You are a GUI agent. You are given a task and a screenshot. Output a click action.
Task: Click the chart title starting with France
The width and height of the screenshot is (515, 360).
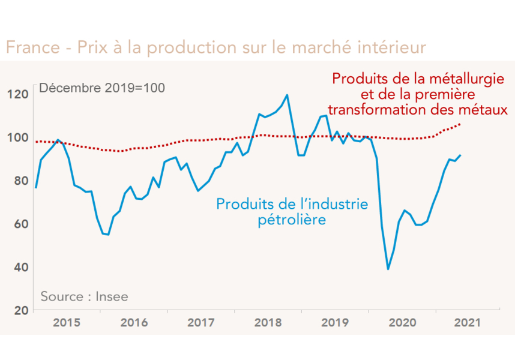click(x=216, y=47)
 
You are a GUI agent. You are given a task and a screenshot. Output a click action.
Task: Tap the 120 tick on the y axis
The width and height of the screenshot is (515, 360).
click(x=19, y=94)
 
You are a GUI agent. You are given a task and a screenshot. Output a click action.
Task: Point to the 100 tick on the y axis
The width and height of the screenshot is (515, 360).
click(x=19, y=137)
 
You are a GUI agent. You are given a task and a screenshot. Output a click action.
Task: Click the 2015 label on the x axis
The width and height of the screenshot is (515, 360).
click(x=67, y=323)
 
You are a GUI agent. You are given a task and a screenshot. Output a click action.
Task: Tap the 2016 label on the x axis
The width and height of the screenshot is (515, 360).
click(x=134, y=323)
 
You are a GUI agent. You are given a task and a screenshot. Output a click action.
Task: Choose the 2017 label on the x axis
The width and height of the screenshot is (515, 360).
click(x=201, y=323)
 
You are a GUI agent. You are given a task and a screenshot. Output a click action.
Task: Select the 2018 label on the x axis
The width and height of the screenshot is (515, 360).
click(x=268, y=323)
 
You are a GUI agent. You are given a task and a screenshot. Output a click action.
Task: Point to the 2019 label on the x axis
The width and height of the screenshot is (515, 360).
click(x=335, y=323)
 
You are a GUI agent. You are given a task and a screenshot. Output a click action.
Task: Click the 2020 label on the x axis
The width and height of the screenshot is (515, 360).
click(x=402, y=323)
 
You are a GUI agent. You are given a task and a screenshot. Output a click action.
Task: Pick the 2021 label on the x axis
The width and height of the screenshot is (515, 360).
click(x=466, y=323)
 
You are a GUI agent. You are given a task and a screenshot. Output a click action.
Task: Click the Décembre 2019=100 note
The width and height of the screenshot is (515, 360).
click(x=101, y=88)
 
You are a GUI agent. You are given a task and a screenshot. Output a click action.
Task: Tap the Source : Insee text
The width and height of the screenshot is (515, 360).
click(x=84, y=296)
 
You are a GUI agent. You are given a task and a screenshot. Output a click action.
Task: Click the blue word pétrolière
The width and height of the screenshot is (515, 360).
click(x=292, y=220)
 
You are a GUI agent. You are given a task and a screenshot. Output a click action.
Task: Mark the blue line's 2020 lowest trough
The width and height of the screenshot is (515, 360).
click(x=388, y=269)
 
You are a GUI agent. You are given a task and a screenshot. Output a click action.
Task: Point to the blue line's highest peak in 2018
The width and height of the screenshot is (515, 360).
click(x=287, y=95)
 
